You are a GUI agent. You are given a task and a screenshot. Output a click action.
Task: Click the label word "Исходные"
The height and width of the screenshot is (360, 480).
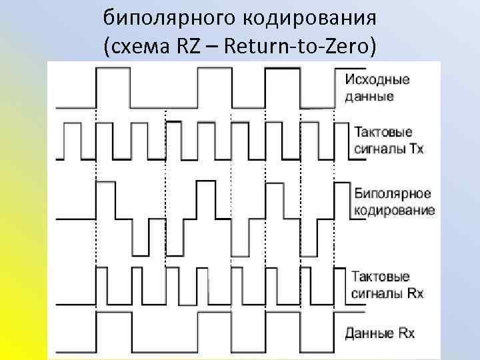tap(377, 80)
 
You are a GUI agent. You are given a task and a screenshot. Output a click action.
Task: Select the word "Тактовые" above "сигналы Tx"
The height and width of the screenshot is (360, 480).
tap(383, 132)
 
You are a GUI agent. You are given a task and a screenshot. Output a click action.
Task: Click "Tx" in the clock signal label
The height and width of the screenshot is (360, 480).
tap(416, 148)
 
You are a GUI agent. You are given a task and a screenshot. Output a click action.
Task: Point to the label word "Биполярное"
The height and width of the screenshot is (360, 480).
tap(392, 194)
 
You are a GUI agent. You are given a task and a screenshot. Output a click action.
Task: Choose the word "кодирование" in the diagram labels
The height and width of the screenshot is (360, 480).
tap(394, 210)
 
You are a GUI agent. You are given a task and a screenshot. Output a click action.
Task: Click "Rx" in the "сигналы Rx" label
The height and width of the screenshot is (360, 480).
tap(416, 293)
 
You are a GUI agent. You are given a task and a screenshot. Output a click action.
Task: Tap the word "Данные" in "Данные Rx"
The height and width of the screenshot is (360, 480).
tap(367, 332)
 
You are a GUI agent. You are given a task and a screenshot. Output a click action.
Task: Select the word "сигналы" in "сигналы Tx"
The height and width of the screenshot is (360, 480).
tap(375, 148)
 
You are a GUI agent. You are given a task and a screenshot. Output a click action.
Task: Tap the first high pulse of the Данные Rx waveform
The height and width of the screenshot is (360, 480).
tap(114, 315)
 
